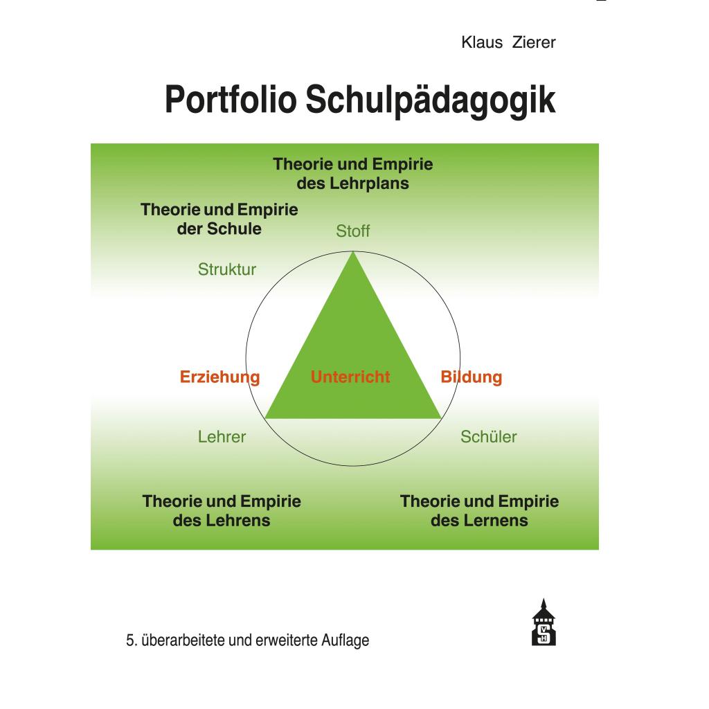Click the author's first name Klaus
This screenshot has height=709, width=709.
pos(482,42)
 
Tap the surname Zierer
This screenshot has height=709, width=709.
pos(534,42)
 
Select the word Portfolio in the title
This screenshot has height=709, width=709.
pos(231,100)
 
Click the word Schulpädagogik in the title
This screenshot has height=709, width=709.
pos(431,100)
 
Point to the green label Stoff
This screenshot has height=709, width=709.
pos(352,231)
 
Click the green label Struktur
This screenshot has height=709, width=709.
pos(227,269)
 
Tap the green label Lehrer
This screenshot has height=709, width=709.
pos(222,437)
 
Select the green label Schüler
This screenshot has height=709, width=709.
pos(488,437)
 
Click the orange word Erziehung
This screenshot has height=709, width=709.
pos(219,377)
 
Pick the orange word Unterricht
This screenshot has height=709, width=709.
pos(350,377)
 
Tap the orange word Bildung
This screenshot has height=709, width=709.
pos(471,377)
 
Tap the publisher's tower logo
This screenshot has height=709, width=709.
pos(544,622)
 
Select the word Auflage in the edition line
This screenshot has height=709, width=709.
pos(345,640)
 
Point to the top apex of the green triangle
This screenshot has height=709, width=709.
pos(353,252)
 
